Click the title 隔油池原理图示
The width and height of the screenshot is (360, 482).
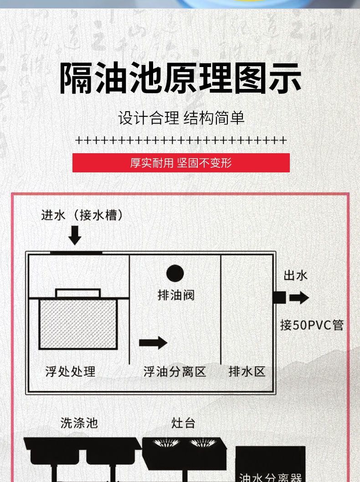tap(180, 78)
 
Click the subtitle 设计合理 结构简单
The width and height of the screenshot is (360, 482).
tap(181, 118)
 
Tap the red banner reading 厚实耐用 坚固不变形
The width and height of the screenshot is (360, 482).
tap(181, 163)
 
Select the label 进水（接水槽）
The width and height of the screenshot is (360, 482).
tap(82, 215)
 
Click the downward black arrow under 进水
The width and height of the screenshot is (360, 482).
tap(74, 235)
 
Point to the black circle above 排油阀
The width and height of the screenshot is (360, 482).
tap(175, 274)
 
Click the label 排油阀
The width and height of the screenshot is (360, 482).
tap(176, 295)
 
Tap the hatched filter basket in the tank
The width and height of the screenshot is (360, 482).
tap(78, 324)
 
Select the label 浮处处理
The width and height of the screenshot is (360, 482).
tap(70, 371)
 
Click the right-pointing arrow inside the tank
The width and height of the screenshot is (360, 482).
tap(153, 342)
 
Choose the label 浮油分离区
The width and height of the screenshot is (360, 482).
tap(175, 372)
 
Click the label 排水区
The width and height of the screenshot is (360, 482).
tap(247, 372)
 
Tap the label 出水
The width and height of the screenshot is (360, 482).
tap(296, 275)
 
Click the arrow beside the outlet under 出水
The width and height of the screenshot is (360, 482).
tap(299, 298)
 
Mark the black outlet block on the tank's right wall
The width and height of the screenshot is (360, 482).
tap(279, 297)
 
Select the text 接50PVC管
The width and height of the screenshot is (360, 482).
tap(312, 325)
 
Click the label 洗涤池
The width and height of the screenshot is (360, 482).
tap(79, 423)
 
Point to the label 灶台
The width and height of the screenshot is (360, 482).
tap(183, 423)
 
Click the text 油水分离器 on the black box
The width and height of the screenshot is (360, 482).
tap(271, 477)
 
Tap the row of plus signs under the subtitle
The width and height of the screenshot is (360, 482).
tap(181, 140)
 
